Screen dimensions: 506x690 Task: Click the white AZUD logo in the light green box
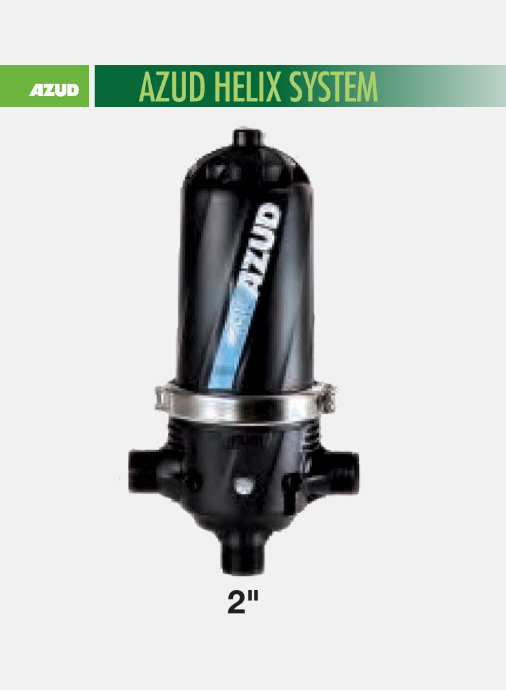[54, 90]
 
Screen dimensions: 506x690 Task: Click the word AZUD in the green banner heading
[172, 87]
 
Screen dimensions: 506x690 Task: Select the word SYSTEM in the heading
[333, 87]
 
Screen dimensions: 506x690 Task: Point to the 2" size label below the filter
[243, 602]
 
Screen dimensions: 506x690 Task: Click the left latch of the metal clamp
[162, 399]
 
